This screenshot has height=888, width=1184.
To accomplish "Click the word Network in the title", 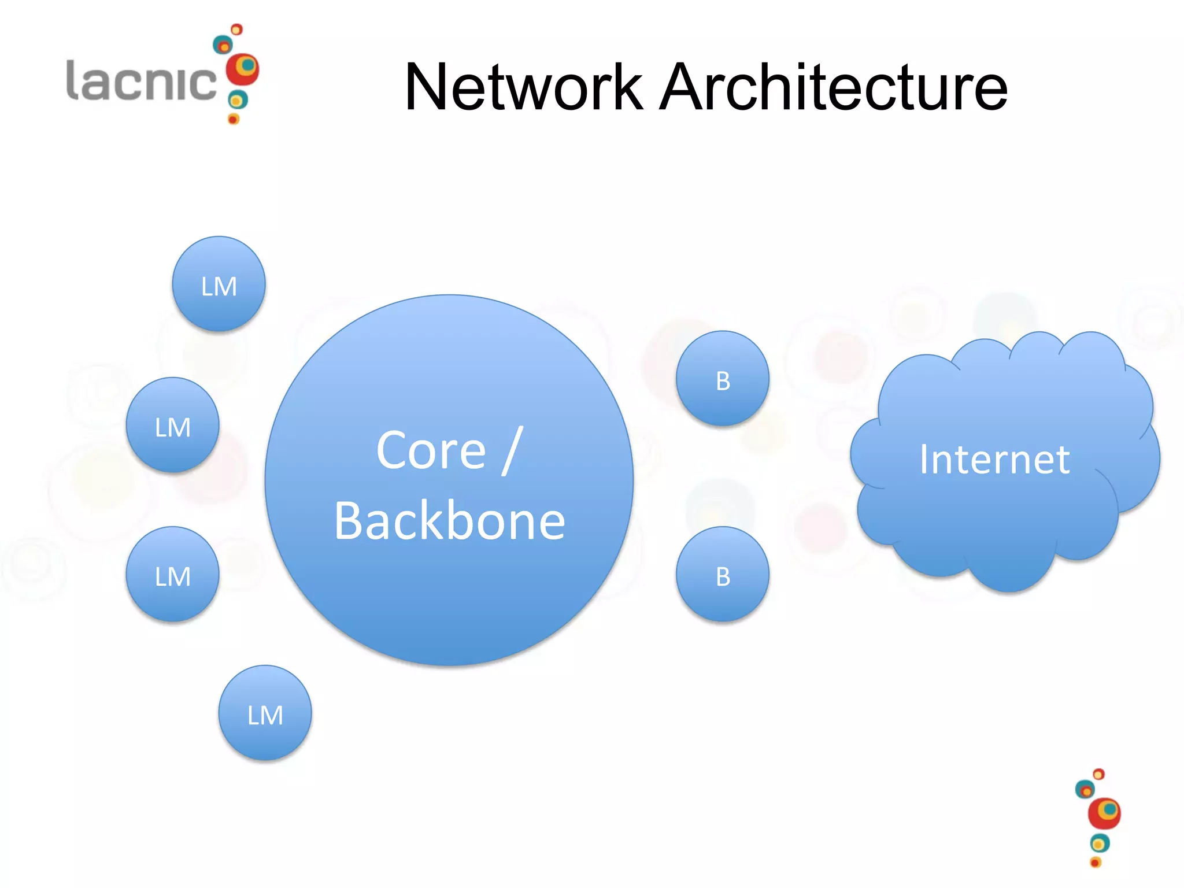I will (523, 88).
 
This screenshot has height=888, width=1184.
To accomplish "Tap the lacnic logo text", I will (141, 81).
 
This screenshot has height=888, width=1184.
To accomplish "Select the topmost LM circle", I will (219, 284).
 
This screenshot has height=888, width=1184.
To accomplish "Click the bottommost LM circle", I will (265, 713).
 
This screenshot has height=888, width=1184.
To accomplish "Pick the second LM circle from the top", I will (172, 425).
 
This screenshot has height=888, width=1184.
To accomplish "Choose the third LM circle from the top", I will (172, 574).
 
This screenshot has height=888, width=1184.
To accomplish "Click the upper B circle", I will (723, 379).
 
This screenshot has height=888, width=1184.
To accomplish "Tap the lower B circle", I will (723, 574).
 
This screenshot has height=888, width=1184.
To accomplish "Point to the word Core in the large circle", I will (431, 451).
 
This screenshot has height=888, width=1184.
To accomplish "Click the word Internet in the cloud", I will (994, 460).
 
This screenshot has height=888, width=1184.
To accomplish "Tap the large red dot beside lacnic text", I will (242, 69).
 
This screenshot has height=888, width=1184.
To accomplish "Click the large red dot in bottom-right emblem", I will (1104, 813).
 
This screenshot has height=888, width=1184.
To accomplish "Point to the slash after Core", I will (512, 451).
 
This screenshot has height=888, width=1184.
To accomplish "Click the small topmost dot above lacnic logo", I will (236, 29).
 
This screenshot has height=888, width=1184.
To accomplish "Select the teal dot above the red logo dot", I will (223, 45).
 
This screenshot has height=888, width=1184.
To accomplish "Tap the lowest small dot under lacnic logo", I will (234, 119).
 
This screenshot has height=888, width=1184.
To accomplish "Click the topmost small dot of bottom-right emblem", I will (1099, 774).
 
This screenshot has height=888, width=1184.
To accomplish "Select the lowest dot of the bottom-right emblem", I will (1095, 863).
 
